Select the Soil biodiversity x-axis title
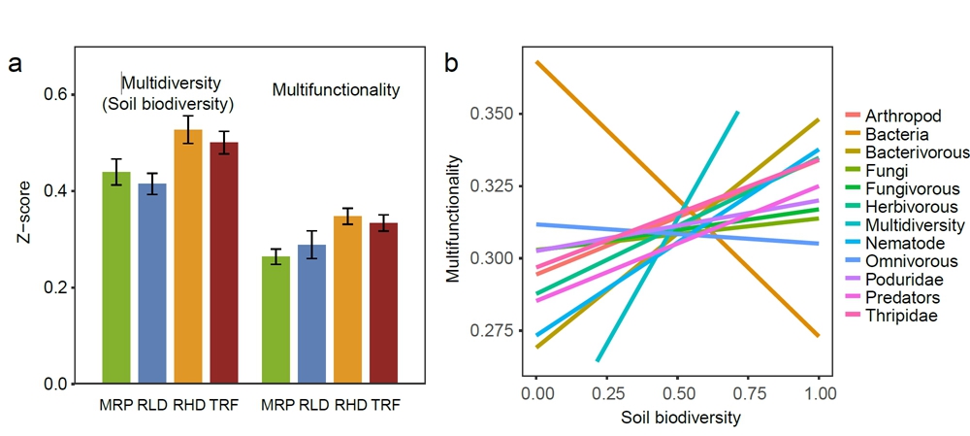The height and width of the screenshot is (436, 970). coord(677,420)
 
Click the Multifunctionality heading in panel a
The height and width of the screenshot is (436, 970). coord(336,90)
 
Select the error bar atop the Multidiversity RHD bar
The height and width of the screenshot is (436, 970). coord(188,129)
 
